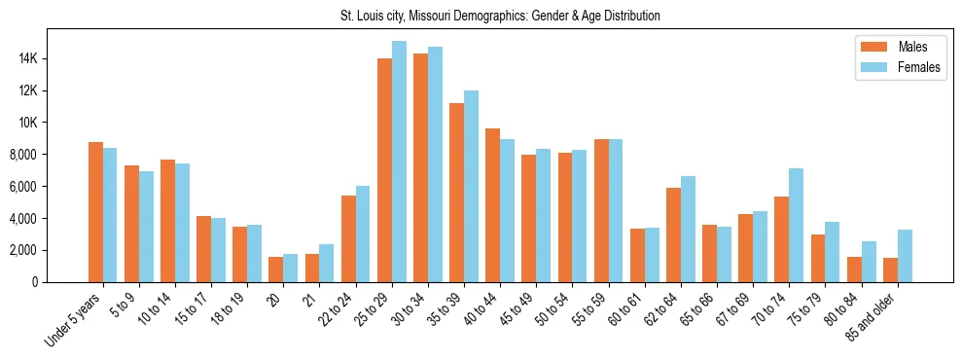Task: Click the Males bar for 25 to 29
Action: (x=384, y=170)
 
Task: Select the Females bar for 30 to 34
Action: (x=435, y=164)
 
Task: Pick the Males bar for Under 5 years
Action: (x=95, y=212)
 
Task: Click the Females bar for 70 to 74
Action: (x=796, y=225)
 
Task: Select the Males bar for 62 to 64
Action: (x=673, y=234)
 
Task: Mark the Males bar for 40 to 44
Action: (x=492, y=205)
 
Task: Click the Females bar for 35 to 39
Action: (x=471, y=186)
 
